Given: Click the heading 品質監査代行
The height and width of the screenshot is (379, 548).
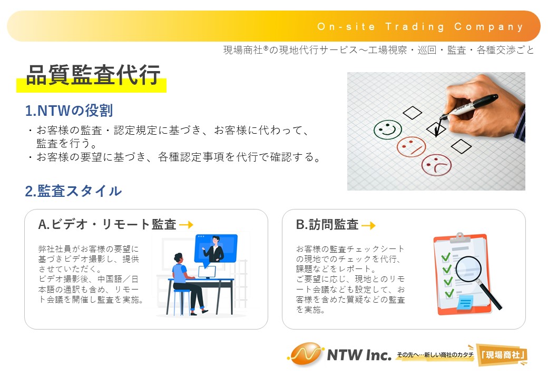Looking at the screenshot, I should click(x=93, y=75).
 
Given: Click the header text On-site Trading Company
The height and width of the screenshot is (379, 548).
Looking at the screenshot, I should click(x=420, y=27).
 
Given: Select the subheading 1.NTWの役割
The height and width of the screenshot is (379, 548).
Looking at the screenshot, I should click(x=69, y=111).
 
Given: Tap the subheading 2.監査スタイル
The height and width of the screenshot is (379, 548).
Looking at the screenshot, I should click(x=73, y=191).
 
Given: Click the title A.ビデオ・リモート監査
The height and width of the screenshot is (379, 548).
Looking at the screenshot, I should click(x=107, y=224).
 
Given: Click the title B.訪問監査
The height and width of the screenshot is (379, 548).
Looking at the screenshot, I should click(x=327, y=225).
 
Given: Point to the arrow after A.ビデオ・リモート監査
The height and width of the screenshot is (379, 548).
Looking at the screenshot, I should click(x=187, y=225).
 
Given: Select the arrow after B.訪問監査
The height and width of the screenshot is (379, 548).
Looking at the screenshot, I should click(x=368, y=225).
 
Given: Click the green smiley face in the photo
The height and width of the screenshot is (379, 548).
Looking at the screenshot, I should click(x=387, y=129).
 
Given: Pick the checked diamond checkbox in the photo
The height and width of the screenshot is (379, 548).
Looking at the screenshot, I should click(x=436, y=128).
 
